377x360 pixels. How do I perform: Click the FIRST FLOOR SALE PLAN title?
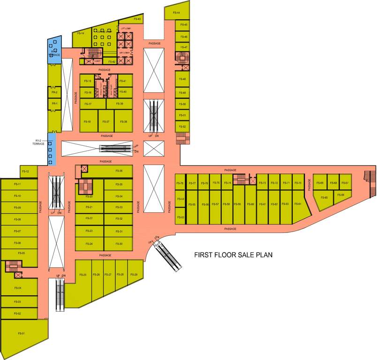(234, 255)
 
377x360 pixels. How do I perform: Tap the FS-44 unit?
(177, 13)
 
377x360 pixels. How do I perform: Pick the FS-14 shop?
(82, 34)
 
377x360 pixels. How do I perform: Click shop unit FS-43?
(137, 19)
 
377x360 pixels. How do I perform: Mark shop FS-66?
(341, 195)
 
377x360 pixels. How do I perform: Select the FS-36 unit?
(119, 171)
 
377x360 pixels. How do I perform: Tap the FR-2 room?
(54, 93)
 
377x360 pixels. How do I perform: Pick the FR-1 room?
(54, 104)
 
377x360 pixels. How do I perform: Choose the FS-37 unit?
(107, 121)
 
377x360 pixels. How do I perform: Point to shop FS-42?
(112, 61)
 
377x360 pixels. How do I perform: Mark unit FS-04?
(18, 288)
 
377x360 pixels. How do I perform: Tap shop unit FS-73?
(263, 183)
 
